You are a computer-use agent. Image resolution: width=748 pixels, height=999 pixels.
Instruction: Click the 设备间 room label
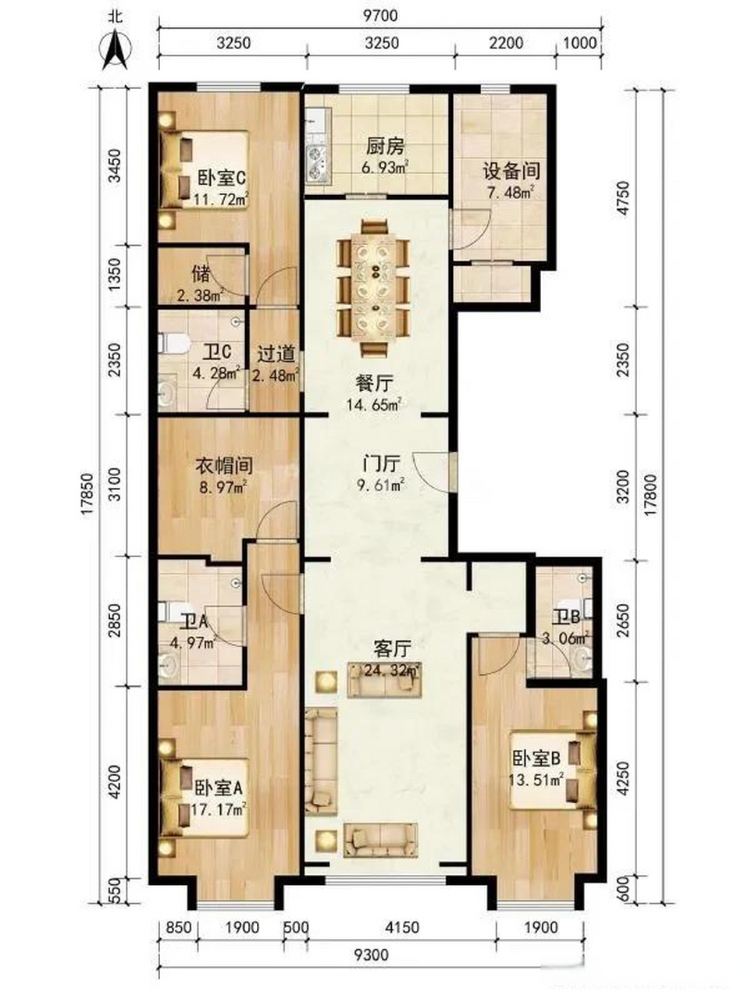[511, 171]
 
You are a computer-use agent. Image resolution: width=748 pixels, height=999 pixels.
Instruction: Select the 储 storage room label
[201, 275]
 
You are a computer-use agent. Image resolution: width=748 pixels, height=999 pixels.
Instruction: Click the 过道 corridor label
[276, 355]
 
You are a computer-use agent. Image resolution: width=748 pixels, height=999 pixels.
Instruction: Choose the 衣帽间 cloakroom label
[224, 465]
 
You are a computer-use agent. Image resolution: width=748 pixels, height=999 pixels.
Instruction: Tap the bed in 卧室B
[553, 771]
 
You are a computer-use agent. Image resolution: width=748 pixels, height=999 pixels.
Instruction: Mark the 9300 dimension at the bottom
[372, 941]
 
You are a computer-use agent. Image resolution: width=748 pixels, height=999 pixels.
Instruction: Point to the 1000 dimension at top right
[579, 43]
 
